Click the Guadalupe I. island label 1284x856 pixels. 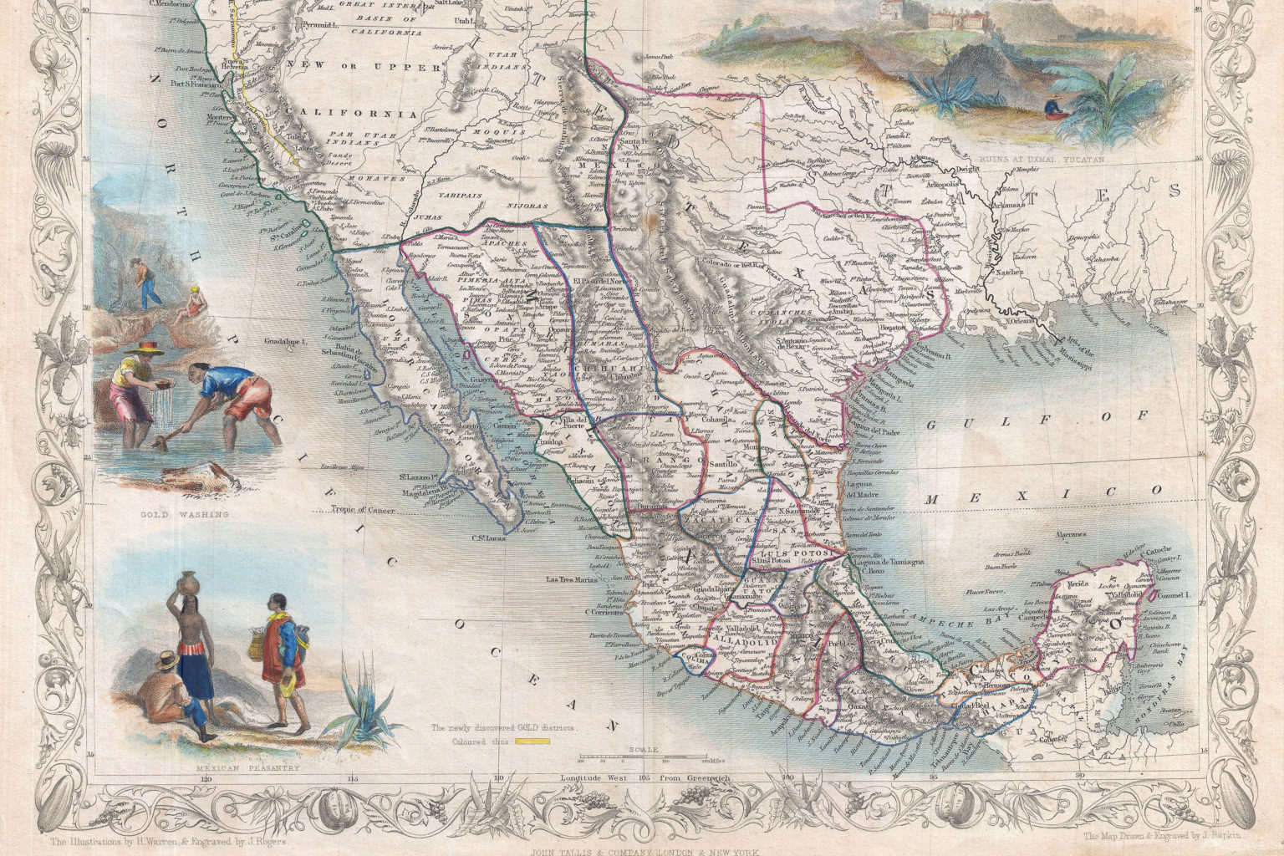pos(286,342)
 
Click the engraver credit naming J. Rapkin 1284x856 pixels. pos(1154,836)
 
